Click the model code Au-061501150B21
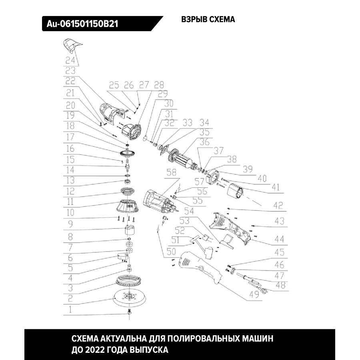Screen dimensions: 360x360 (x=82, y=24)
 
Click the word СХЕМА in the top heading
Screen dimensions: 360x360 (x=222, y=19)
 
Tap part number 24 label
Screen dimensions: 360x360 (x=70, y=60)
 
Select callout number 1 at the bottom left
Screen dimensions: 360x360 (x=70, y=310)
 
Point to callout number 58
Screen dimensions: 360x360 (x=172, y=172)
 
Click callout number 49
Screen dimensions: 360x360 (x=254, y=294)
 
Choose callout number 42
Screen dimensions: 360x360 (x=278, y=205)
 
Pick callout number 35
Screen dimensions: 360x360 (x=204, y=132)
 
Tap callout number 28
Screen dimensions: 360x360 (x=159, y=85)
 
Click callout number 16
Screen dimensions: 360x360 (x=70, y=148)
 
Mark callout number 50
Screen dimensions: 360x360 (x=171, y=252)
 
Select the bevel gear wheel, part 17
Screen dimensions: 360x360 (x=127, y=153)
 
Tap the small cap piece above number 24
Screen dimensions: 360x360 (x=71, y=45)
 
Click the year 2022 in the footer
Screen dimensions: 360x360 (x=94, y=350)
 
